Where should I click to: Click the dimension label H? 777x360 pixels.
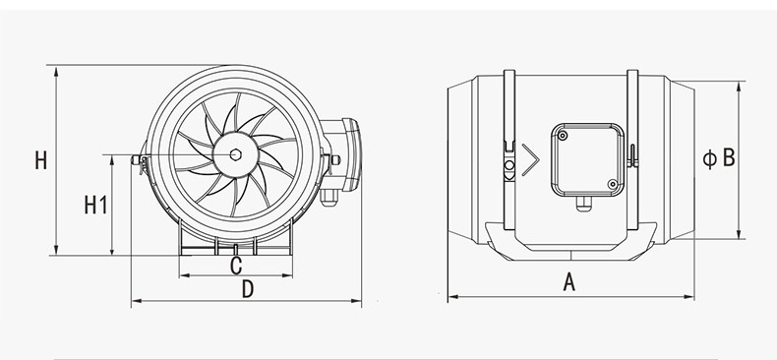coord(40,160)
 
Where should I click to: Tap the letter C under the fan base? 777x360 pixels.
coord(236,266)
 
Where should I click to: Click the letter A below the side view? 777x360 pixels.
coord(568,282)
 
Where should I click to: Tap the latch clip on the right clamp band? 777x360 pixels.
coord(632,154)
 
